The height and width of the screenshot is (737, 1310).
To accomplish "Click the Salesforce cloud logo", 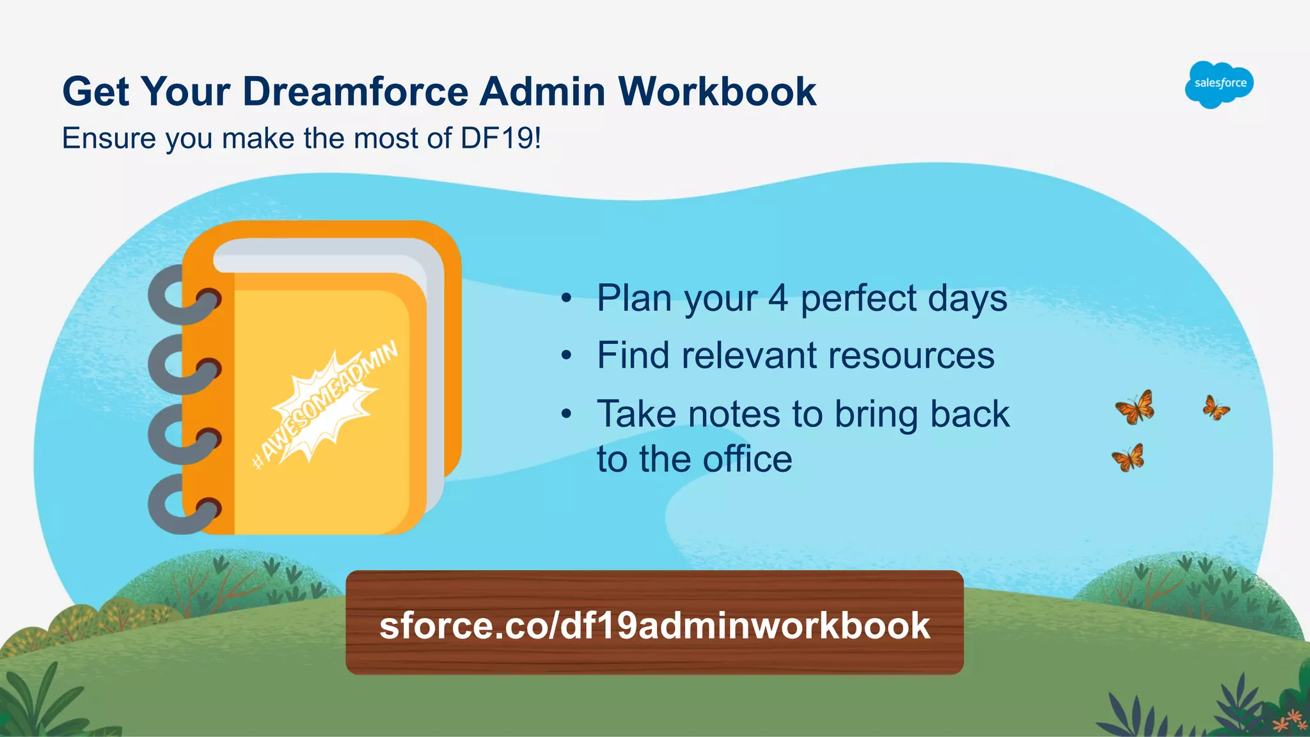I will point(1219,84).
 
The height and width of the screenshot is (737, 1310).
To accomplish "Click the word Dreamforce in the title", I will point(356,91).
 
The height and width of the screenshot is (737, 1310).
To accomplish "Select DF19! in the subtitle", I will point(500,138).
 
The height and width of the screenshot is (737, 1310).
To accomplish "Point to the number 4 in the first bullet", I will point(778,298).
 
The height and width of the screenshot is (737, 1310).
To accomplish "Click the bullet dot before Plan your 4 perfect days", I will point(566,299).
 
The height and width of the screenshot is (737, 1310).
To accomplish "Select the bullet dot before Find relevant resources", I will point(566,356).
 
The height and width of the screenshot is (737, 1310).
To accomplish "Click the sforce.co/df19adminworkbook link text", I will point(654,625).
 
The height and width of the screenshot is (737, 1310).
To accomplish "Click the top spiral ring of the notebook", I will point(182,295).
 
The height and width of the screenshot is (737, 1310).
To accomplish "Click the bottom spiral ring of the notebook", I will point(182,505).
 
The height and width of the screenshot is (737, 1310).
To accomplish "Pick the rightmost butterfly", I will point(1215,407).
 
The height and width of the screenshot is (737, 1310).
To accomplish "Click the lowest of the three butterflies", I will point(1128,458).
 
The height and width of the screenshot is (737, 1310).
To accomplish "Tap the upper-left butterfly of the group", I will point(1135,407).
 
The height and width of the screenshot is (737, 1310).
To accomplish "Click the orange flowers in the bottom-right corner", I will point(1288,720).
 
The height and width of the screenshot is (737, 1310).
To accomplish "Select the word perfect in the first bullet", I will point(858,299).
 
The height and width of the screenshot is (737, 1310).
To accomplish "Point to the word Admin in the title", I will point(542,91).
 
